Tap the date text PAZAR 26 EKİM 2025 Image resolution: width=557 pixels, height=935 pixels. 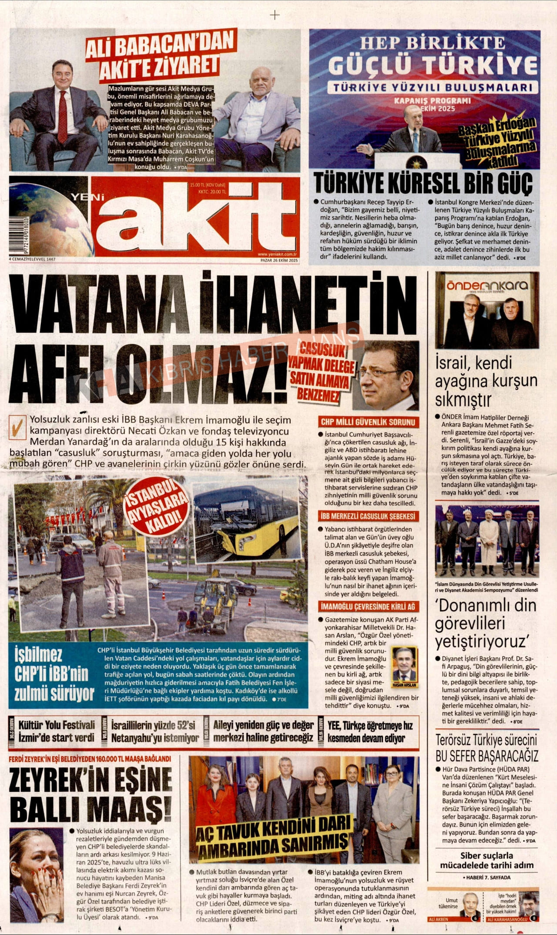click(x=279, y=260)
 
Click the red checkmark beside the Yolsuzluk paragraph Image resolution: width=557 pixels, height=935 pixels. click(x=18, y=427)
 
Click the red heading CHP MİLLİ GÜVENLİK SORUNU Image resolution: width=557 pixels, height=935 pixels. click(x=368, y=422)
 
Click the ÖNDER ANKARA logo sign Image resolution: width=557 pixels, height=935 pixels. click(x=487, y=285)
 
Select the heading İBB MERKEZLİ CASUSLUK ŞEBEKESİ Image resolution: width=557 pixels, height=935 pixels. click(x=368, y=516)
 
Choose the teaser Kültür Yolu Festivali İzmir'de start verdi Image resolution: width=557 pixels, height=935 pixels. click(x=56, y=731)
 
